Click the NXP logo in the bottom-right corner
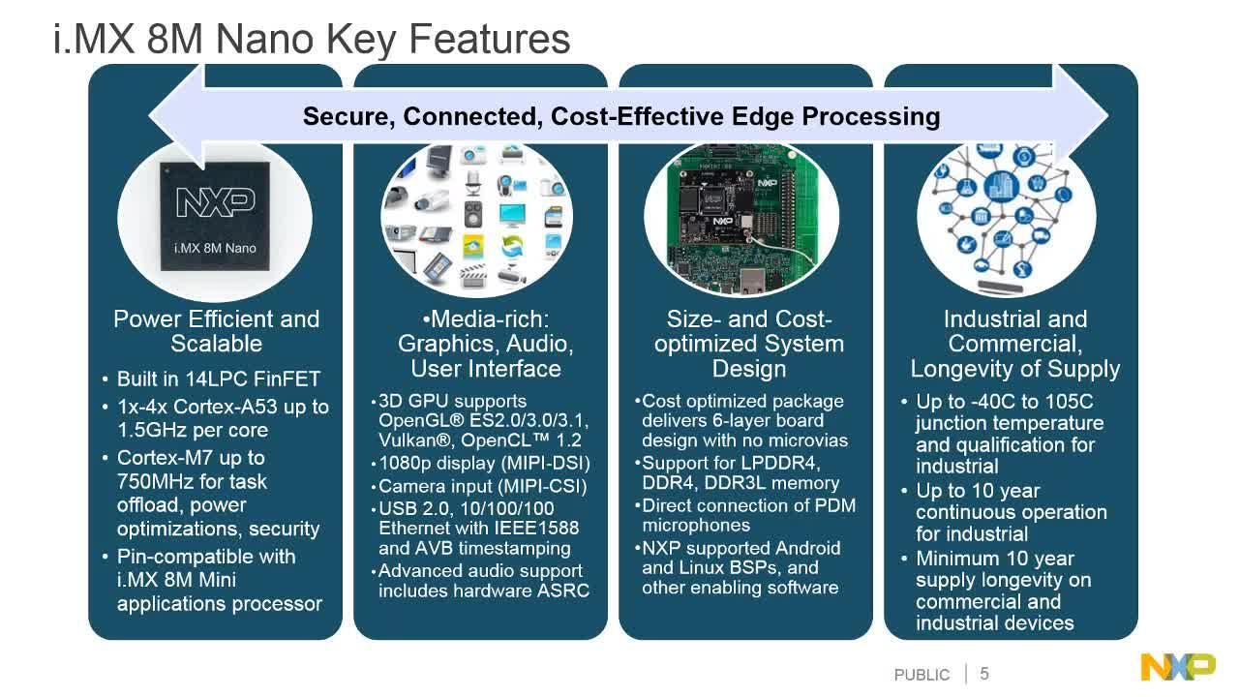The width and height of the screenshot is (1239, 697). [1178, 667]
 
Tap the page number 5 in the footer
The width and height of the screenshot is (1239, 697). [984, 673]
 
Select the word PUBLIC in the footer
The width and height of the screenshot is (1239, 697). [922, 675]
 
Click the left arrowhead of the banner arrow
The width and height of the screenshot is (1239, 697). [177, 116]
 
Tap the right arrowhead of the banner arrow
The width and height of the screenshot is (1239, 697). [1080, 116]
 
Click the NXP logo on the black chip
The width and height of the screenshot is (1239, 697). [216, 202]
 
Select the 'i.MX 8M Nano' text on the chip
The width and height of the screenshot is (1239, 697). [215, 248]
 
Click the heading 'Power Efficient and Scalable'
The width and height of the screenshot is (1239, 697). [216, 331]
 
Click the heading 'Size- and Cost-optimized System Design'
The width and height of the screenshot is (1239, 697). [749, 344]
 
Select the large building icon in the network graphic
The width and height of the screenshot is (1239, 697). [1001, 186]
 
